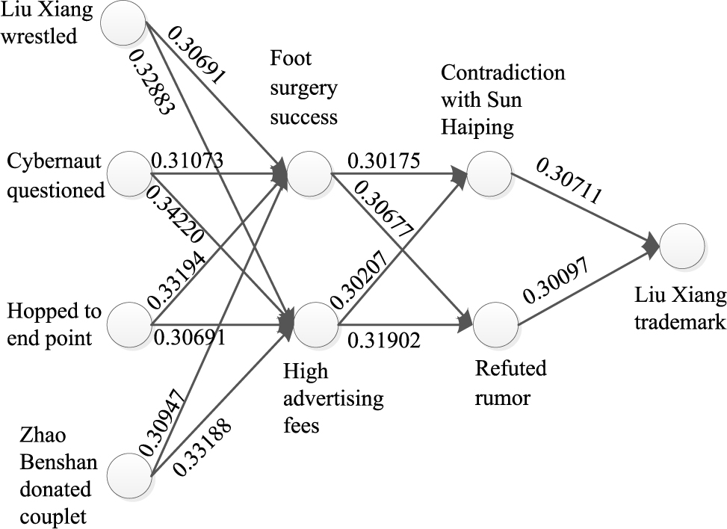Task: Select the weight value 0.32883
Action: tap(152, 81)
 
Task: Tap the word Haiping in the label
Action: tap(477, 126)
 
